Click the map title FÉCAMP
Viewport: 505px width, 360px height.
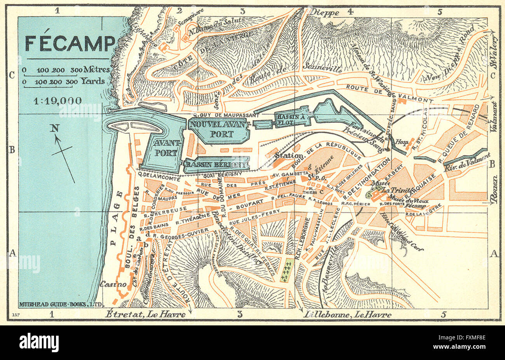coord(70,44)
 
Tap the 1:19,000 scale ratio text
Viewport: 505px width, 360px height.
coord(57,101)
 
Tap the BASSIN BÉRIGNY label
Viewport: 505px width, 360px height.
coord(216,165)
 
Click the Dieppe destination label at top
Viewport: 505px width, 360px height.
coord(325,12)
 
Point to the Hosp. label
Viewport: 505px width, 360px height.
coord(401,143)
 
